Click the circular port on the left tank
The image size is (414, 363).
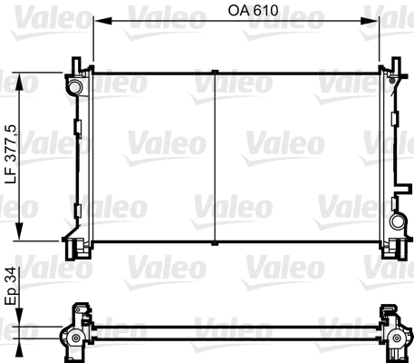point(73,87)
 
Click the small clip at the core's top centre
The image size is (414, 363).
point(212,71)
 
